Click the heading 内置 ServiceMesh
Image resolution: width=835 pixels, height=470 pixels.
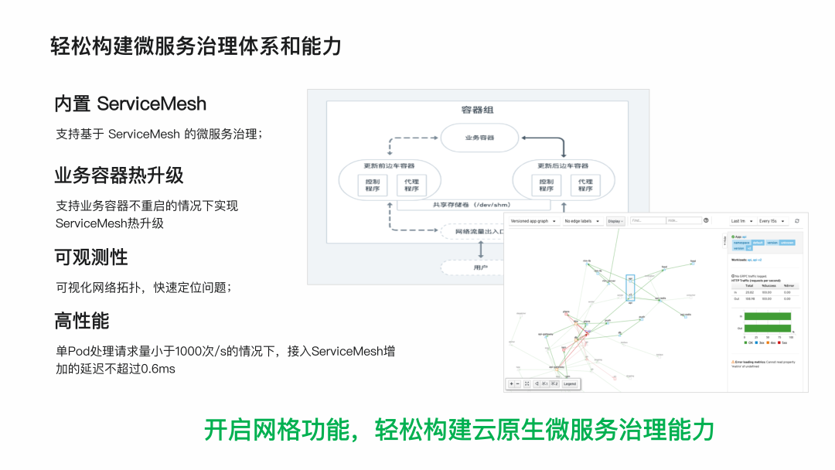pos(130,104)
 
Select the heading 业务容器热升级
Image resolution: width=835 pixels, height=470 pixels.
pos(118,175)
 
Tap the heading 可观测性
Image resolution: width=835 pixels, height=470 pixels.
pos(90,257)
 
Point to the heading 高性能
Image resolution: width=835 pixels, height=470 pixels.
pos(81,320)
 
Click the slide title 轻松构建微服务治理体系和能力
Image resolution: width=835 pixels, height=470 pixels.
pos(196,46)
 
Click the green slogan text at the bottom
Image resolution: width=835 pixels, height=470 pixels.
pos(459,429)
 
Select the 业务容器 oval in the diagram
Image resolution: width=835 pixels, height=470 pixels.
pos(479,138)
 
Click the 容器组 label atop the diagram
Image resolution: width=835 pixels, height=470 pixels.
pos(477,110)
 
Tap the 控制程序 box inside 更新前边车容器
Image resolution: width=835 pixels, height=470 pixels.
pos(373,185)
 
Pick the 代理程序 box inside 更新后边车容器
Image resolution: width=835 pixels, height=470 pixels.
pos(585,185)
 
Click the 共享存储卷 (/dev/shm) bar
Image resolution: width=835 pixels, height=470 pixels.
pos(474,205)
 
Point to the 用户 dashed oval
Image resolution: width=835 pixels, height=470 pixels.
pos(480,267)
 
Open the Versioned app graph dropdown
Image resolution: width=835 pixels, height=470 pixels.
pos(533,221)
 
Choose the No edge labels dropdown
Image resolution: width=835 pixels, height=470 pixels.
pos(582,221)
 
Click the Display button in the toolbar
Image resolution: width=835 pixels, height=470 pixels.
pos(615,221)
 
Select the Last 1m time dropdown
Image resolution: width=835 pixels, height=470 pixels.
pos(741,221)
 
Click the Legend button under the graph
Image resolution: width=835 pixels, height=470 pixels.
pos(569,383)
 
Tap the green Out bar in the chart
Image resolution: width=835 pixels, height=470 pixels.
pos(768,327)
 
